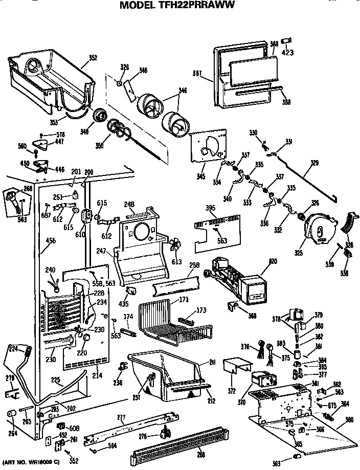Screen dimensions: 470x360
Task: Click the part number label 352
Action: point(93,58)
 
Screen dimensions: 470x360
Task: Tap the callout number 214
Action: point(96,375)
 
